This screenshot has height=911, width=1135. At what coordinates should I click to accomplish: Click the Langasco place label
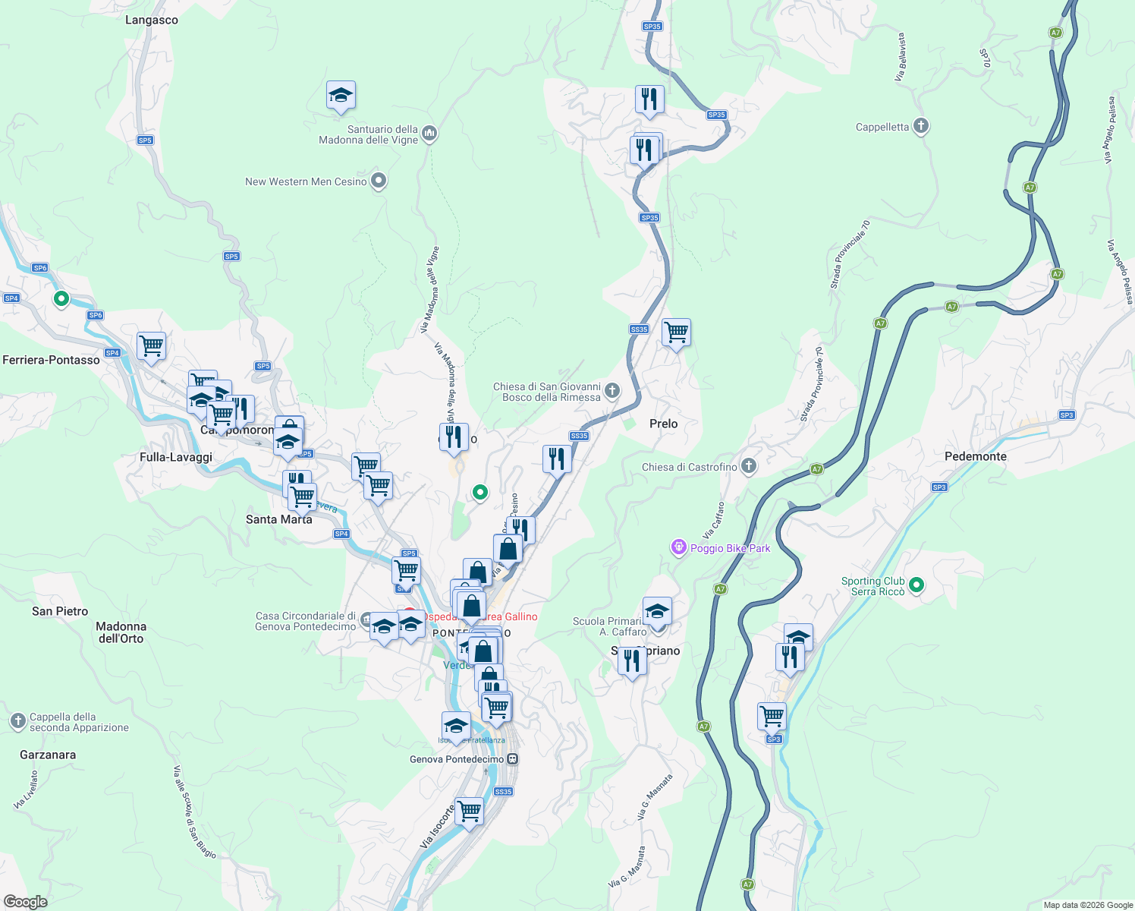tap(152, 20)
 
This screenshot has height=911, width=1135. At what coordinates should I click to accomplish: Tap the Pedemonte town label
tap(975, 456)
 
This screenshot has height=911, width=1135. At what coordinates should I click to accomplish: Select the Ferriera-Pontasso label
tap(51, 360)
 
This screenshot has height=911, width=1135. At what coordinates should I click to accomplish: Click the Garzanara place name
tap(48, 755)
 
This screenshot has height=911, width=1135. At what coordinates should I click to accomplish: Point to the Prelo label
tap(663, 424)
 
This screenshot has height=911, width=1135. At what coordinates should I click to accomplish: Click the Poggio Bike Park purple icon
tap(678, 547)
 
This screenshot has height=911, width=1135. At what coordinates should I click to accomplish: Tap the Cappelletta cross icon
tap(921, 126)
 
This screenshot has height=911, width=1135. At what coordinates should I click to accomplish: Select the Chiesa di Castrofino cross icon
tap(749, 466)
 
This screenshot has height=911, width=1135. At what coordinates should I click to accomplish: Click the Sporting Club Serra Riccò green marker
tap(916, 585)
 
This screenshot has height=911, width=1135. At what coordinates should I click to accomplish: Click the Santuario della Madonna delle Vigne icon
tap(429, 134)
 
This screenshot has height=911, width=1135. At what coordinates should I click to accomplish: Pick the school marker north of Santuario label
tap(341, 96)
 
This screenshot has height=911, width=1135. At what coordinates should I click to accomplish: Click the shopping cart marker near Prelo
tap(676, 333)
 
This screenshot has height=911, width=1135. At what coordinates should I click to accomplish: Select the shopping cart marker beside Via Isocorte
tap(470, 811)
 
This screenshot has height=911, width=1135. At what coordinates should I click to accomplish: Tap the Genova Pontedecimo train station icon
tap(513, 759)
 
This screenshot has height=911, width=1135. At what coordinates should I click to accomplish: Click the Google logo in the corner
tap(25, 901)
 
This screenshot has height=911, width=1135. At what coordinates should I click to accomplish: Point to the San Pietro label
tap(60, 611)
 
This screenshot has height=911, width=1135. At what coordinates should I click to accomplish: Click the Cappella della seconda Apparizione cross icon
tap(18, 721)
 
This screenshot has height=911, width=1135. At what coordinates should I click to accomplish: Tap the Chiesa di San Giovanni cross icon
tap(612, 391)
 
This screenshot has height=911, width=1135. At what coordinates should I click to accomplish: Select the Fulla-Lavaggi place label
tap(176, 457)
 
